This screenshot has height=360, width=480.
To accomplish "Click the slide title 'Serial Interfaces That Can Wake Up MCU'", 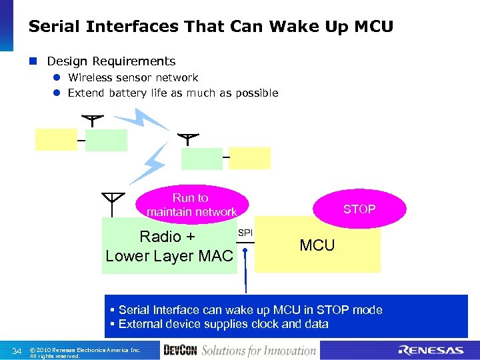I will pyautogui.click(x=211, y=27).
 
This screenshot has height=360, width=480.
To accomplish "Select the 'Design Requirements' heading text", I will pyautogui.click(x=111, y=61).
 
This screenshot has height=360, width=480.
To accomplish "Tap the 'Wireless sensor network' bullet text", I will pyautogui.click(x=133, y=78).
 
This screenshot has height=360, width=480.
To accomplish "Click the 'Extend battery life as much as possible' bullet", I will pyautogui.click(x=173, y=93).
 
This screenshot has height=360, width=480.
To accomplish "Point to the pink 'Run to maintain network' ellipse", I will pyautogui.click(x=191, y=205).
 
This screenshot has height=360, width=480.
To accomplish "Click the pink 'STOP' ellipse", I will pyautogui.click(x=359, y=209).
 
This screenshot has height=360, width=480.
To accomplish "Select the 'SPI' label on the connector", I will pyautogui.click(x=245, y=233).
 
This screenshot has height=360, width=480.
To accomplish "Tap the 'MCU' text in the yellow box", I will pyautogui.click(x=317, y=245).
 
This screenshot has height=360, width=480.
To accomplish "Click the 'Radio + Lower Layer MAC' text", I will pyautogui.click(x=169, y=246).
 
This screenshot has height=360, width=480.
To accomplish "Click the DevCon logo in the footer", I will pyautogui.click(x=180, y=351).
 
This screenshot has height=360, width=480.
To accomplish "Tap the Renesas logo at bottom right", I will pyautogui.click(x=430, y=351).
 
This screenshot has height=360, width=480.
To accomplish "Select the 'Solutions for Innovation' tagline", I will pyautogui.click(x=259, y=351).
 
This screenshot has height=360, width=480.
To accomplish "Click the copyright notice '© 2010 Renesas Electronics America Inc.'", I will pyautogui.click(x=85, y=349).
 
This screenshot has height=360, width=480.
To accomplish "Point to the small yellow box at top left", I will pyautogui.click(x=57, y=139).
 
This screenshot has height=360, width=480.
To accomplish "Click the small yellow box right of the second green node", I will pyautogui.click(x=250, y=158).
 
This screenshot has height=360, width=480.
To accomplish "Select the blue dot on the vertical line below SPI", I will pyautogui.click(x=245, y=252).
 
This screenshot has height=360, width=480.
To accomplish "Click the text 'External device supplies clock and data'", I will pyautogui.click(x=223, y=324).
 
